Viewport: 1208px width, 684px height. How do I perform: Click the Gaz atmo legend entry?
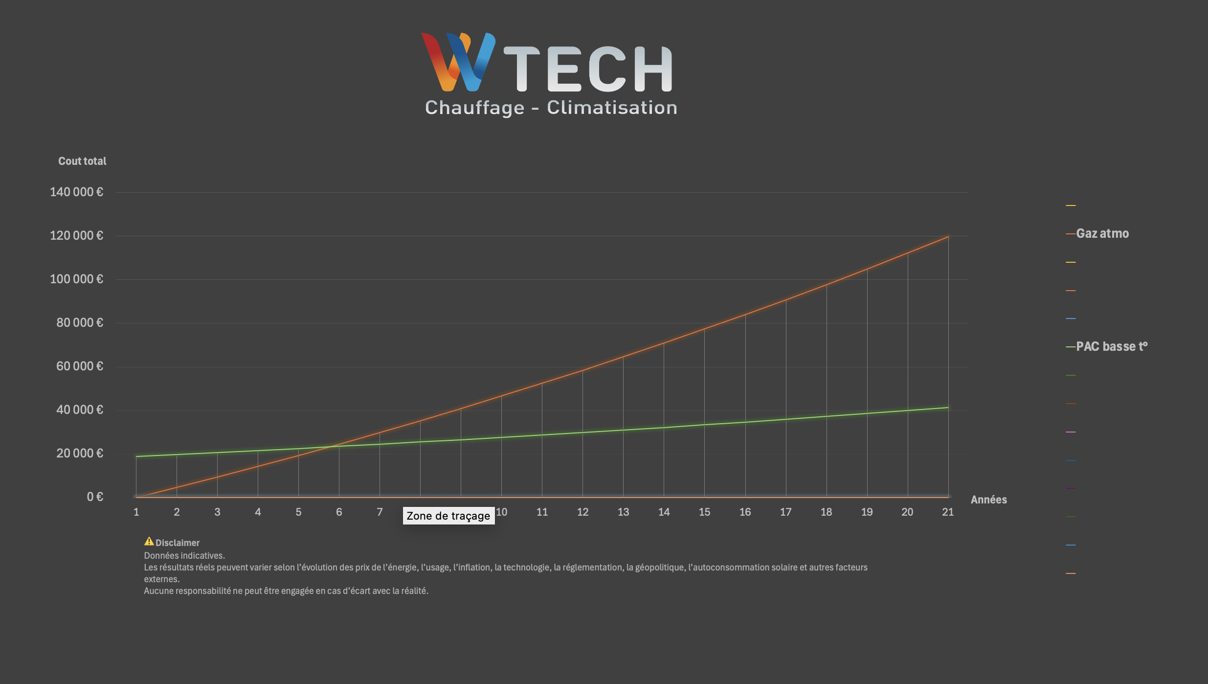click(x=1102, y=234)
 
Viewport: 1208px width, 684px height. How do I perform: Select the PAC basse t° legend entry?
click(x=1111, y=347)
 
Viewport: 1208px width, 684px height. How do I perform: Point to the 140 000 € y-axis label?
click(x=77, y=192)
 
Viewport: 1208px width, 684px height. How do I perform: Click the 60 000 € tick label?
click(x=80, y=366)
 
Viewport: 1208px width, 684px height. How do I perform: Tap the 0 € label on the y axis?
click(x=95, y=497)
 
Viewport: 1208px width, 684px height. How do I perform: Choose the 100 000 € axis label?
click(x=77, y=279)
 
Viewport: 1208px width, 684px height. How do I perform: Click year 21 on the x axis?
click(x=948, y=512)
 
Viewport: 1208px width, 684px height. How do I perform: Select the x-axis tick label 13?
click(x=623, y=512)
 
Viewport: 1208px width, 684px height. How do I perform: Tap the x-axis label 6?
click(x=339, y=512)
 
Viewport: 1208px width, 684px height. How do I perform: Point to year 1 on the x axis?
click(x=136, y=512)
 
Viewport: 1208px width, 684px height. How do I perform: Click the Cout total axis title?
click(x=82, y=161)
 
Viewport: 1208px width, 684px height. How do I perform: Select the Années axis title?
click(x=988, y=500)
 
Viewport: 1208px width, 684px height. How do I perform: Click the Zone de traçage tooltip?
click(x=448, y=516)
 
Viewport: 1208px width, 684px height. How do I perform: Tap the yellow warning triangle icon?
click(x=149, y=542)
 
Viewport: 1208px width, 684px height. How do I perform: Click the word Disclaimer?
click(x=178, y=543)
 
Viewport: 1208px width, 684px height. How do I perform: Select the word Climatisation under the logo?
click(x=612, y=108)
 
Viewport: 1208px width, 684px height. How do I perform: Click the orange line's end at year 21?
click(x=948, y=237)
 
